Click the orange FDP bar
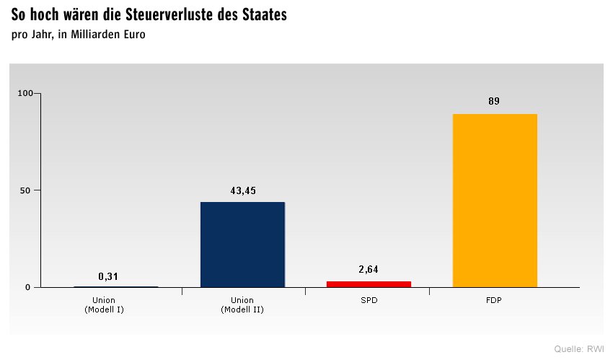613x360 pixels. point(495,201)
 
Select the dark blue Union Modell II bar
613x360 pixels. point(242,245)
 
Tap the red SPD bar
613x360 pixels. point(369,284)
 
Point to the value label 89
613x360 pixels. point(494,102)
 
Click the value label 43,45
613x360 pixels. point(242,191)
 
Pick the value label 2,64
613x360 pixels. point(369,270)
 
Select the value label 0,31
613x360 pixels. point(108,276)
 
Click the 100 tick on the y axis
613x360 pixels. point(26,93)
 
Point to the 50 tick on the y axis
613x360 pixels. point(29,190)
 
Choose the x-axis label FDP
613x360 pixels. point(495,300)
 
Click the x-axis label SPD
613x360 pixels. point(369,300)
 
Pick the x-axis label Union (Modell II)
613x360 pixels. point(242,304)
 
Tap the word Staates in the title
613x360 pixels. point(263,15)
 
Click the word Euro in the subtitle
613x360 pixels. point(134,35)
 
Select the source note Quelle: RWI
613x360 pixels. point(579,349)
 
